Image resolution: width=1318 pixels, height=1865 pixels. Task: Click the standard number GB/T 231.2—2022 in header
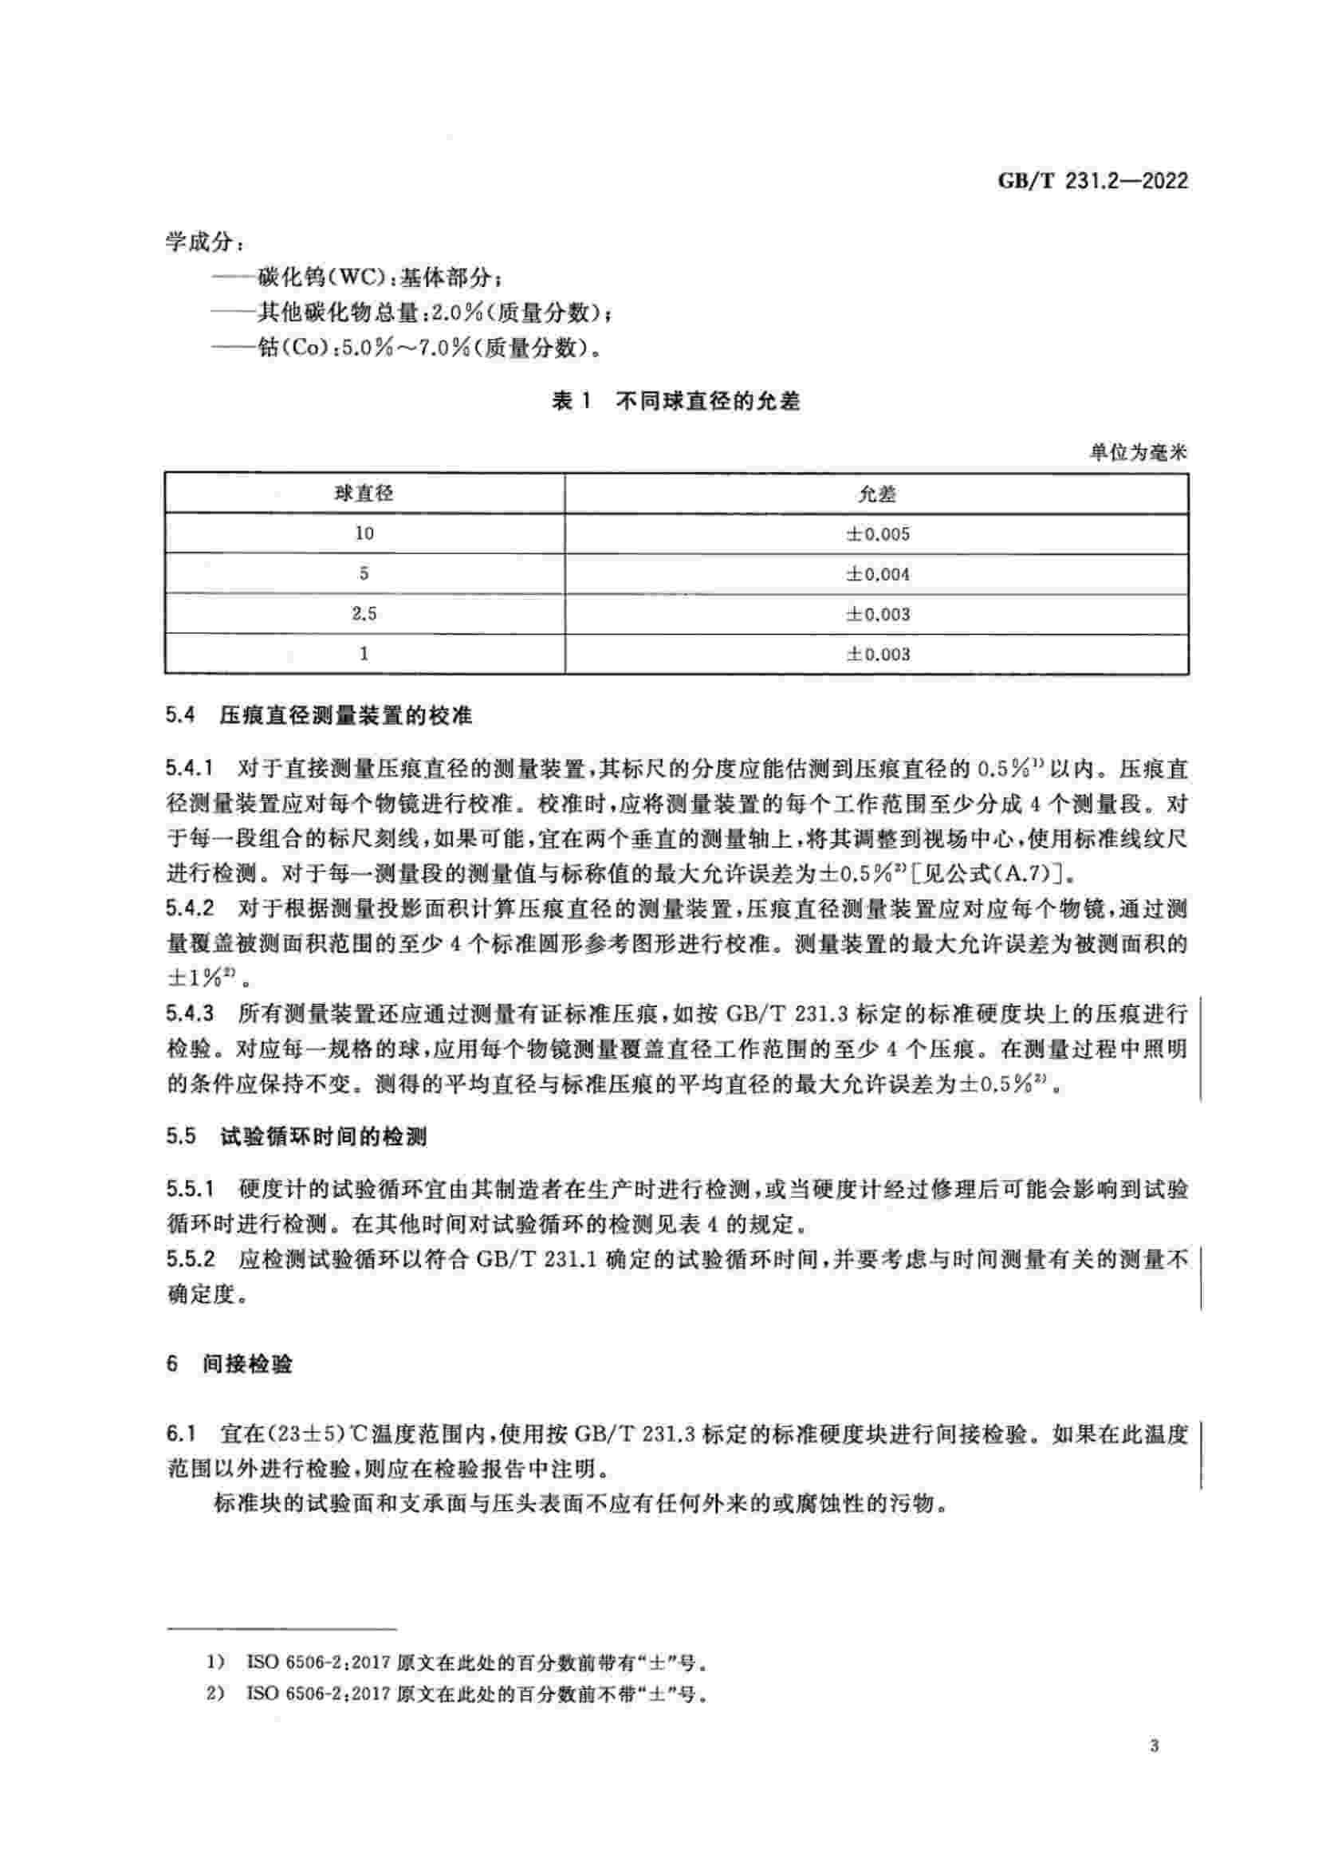[x=1092, y=181]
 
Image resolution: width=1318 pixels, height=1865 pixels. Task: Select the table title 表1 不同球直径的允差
[x=675, y=401]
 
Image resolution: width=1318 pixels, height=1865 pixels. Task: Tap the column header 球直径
[x=364, y=493]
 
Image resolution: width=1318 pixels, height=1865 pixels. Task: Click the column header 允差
[x=877, y=494]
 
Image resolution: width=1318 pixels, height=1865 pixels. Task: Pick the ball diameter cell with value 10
[x=364, y=533]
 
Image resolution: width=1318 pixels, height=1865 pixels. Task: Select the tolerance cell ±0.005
[x=878, y=533]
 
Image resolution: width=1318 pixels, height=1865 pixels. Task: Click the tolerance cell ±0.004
[x=878, y=573]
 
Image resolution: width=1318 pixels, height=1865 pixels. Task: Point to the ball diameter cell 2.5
[x=364, y=613]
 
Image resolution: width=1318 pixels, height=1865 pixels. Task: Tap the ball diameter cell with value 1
[x=364, y=653]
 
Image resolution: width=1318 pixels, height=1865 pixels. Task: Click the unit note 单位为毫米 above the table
[x=1138, y=453]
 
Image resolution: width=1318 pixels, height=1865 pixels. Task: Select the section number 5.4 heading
[x=181, y=715]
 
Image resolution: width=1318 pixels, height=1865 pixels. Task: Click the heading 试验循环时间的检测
[x=324, y=1137]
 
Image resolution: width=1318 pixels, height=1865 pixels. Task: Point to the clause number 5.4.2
[x=191, y=908]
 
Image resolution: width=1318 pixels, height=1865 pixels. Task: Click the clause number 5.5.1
[x=191, y=1190]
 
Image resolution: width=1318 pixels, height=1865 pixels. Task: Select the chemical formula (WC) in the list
[x=350, y=277]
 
